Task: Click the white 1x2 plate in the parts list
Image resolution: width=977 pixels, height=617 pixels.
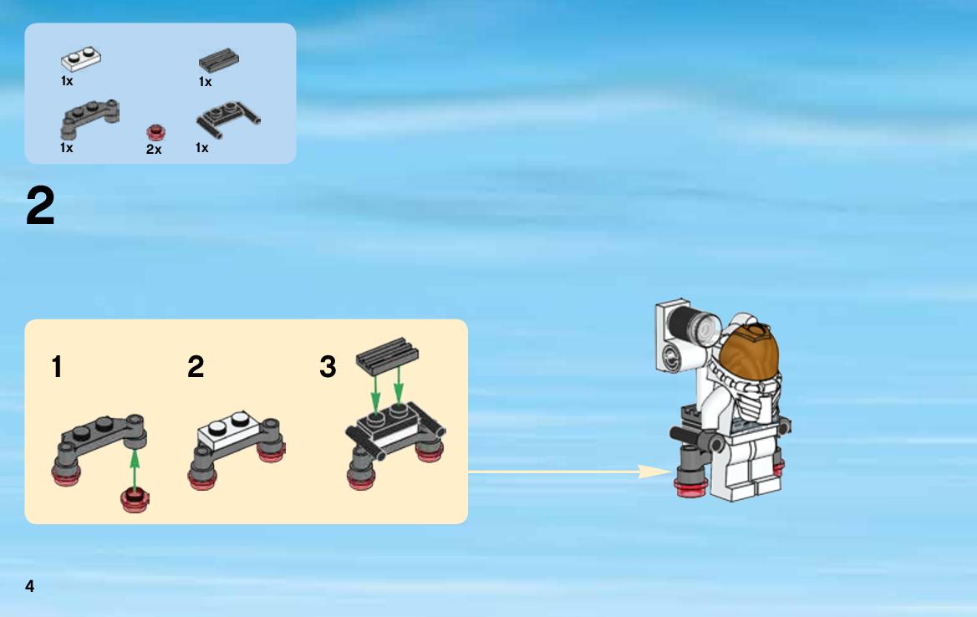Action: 81,59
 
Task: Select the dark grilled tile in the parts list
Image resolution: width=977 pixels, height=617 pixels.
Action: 219,60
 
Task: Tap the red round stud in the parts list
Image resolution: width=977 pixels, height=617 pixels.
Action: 155,132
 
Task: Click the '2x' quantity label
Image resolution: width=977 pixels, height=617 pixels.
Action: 154,150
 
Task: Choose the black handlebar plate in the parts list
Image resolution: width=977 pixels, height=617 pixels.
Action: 228,118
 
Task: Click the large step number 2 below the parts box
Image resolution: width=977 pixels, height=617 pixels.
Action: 40,206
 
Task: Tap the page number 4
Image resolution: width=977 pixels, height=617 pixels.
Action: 29,586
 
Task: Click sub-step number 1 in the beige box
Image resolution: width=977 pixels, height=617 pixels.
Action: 57,366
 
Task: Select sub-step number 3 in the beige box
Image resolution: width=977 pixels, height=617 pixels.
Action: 328,366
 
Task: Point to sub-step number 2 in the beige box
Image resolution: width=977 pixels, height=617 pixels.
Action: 196,366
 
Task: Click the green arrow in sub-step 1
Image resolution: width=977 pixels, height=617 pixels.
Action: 135,469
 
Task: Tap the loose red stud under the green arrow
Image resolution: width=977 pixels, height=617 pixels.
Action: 135,500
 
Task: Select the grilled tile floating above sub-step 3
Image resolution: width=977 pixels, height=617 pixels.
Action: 387,355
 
